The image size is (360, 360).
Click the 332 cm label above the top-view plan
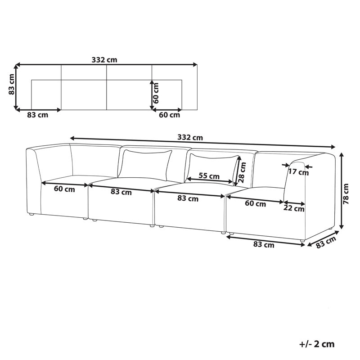click(104, 60)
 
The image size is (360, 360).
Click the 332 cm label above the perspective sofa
click(190, 138)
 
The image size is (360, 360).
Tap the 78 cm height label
click(346, 194)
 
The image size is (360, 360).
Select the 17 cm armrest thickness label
click(298, 172)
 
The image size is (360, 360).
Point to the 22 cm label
click(294, 208)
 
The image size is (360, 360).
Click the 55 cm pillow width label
click(209, 176)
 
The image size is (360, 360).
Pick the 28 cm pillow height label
click(242, 172)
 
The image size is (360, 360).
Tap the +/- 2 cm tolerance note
click(317, 344)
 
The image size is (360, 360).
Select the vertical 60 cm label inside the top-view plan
click(155, 93)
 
